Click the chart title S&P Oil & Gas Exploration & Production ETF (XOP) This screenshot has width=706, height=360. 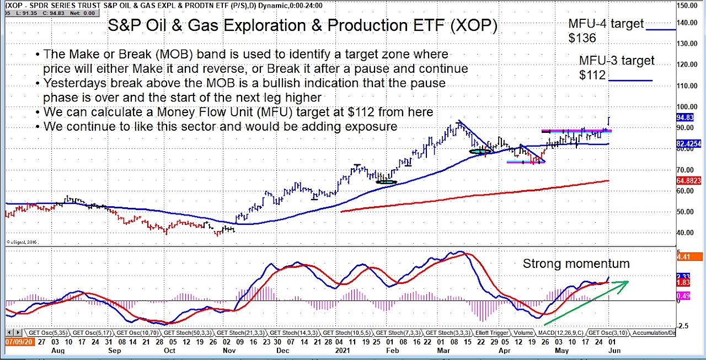coord(302,26)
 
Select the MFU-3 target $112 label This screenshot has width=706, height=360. coord(616,67)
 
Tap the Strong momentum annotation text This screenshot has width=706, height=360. coord(576,264)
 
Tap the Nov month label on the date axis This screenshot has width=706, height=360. coord(227,350)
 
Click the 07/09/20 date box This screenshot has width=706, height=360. coord(18,342)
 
